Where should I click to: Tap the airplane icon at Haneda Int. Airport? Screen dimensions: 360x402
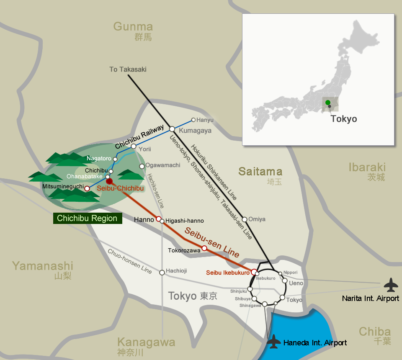(x=274, y=341)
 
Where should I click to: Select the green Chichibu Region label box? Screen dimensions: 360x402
(x=87, y=218)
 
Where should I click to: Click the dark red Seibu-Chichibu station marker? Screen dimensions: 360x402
(x=109, y=181)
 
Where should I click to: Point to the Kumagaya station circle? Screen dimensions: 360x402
(x=172, y=129)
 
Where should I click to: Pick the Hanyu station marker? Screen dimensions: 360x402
(x=193, y=120)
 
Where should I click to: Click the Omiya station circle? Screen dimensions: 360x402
(x=245, y=219)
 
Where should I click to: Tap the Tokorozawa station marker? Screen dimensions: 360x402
(x=204, y=248)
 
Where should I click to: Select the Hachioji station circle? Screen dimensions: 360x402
(x=162, y=273)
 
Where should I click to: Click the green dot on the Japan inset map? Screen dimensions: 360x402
(x=327, y=102)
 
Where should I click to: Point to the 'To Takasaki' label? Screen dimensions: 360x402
(x=128, y=69)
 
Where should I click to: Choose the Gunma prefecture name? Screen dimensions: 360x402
(x=133, y=27)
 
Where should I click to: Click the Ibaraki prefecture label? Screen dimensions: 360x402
(x=367, y=167)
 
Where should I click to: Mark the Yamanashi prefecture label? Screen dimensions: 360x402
(x=42, y=266)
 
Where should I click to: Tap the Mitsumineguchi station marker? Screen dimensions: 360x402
(x=87, y=188)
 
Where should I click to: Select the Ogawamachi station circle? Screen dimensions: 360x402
(x=142, y=166)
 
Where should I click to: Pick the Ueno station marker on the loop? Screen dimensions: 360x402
(x=285, y=280)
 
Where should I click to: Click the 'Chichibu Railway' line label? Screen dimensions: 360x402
(x=139, y=137)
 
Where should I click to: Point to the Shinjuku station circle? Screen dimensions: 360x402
(x=250, y=289)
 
